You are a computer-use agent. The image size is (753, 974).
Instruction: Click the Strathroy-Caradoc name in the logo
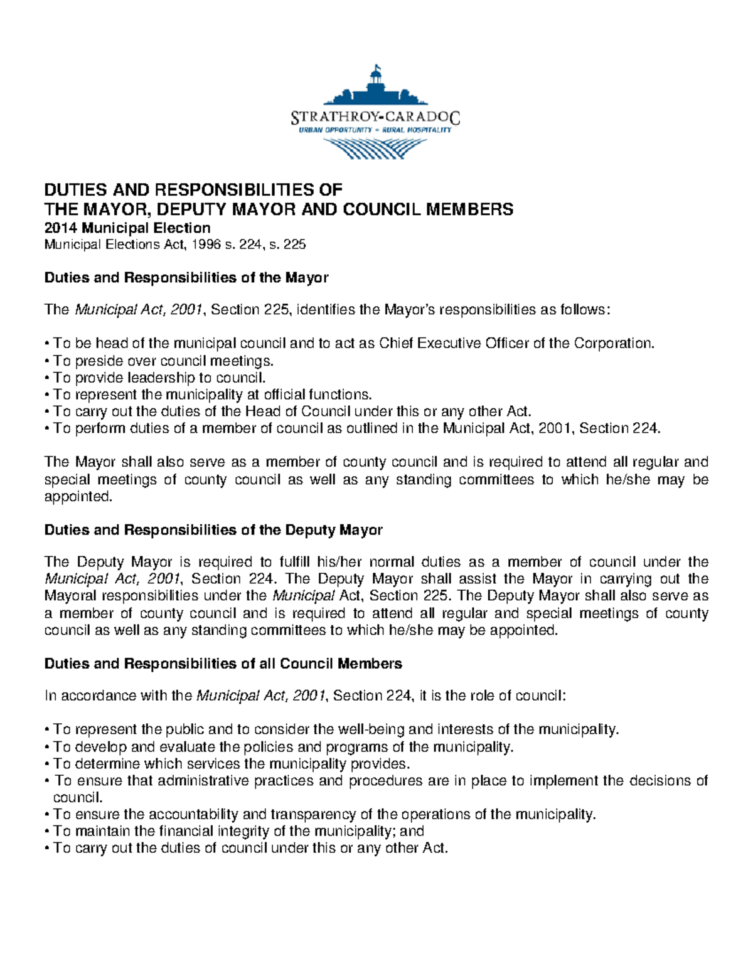[376, 117]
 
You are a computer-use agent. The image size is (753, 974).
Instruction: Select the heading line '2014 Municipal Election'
[127, 227]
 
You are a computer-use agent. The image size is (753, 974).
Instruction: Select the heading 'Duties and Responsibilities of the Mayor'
[186, 277]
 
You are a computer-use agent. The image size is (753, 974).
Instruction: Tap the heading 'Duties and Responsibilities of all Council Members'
[223, 664]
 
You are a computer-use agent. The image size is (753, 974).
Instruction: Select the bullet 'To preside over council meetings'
[160, 361]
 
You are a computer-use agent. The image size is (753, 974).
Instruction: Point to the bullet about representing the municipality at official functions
[209, 394]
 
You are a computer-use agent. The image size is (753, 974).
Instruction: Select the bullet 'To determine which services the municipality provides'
[228, 763]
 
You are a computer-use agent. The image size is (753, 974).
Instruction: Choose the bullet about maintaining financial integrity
[235, 831]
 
